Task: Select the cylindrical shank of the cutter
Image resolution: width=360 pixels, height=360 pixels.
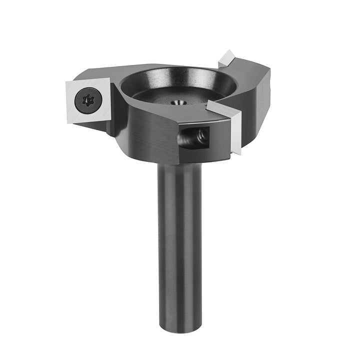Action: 179,240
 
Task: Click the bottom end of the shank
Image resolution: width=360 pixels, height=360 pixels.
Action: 179,327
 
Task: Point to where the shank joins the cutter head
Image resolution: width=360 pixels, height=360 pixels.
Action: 179,164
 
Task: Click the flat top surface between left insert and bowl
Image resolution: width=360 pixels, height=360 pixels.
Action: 113,80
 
